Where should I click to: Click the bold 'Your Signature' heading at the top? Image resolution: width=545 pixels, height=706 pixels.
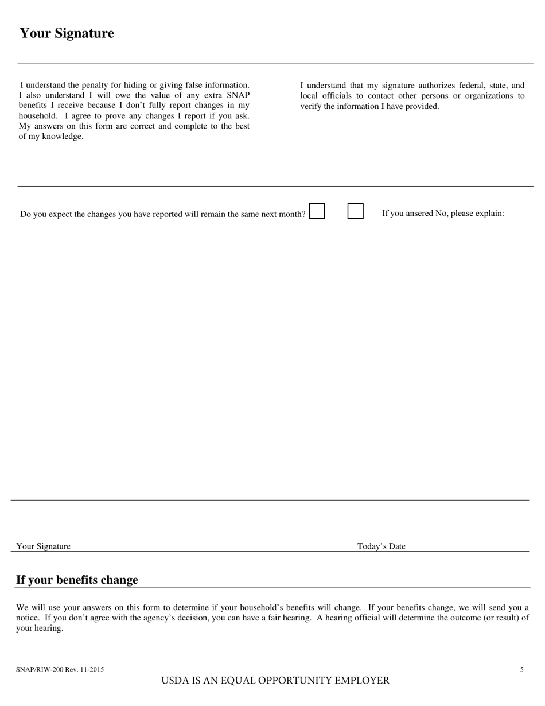[67, 33]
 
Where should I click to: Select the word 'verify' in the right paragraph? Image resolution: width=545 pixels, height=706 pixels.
[311, 106]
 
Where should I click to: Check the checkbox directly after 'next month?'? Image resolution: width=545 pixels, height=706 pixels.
[317, 211]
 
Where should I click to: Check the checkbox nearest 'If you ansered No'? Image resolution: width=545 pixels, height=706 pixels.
[355, 211]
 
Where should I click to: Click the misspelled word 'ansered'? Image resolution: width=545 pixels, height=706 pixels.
[419, 214]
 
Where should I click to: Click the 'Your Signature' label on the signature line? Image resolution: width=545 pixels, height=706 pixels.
[44, 546]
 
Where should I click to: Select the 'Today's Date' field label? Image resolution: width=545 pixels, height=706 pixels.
[381, 546]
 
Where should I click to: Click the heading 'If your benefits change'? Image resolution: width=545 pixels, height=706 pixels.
[77, 580]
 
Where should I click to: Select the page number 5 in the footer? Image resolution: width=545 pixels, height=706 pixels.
[521, 669]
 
